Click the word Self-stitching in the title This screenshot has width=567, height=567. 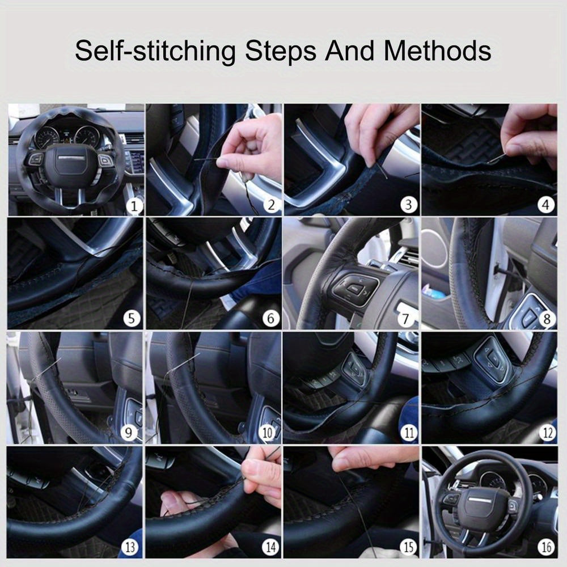coord(155,52)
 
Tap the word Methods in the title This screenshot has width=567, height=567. coord(437,52)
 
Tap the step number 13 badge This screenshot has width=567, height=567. coord(130,547)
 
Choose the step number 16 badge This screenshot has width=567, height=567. coord(546,547)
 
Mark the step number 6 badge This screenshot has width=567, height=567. coord(270,319)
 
